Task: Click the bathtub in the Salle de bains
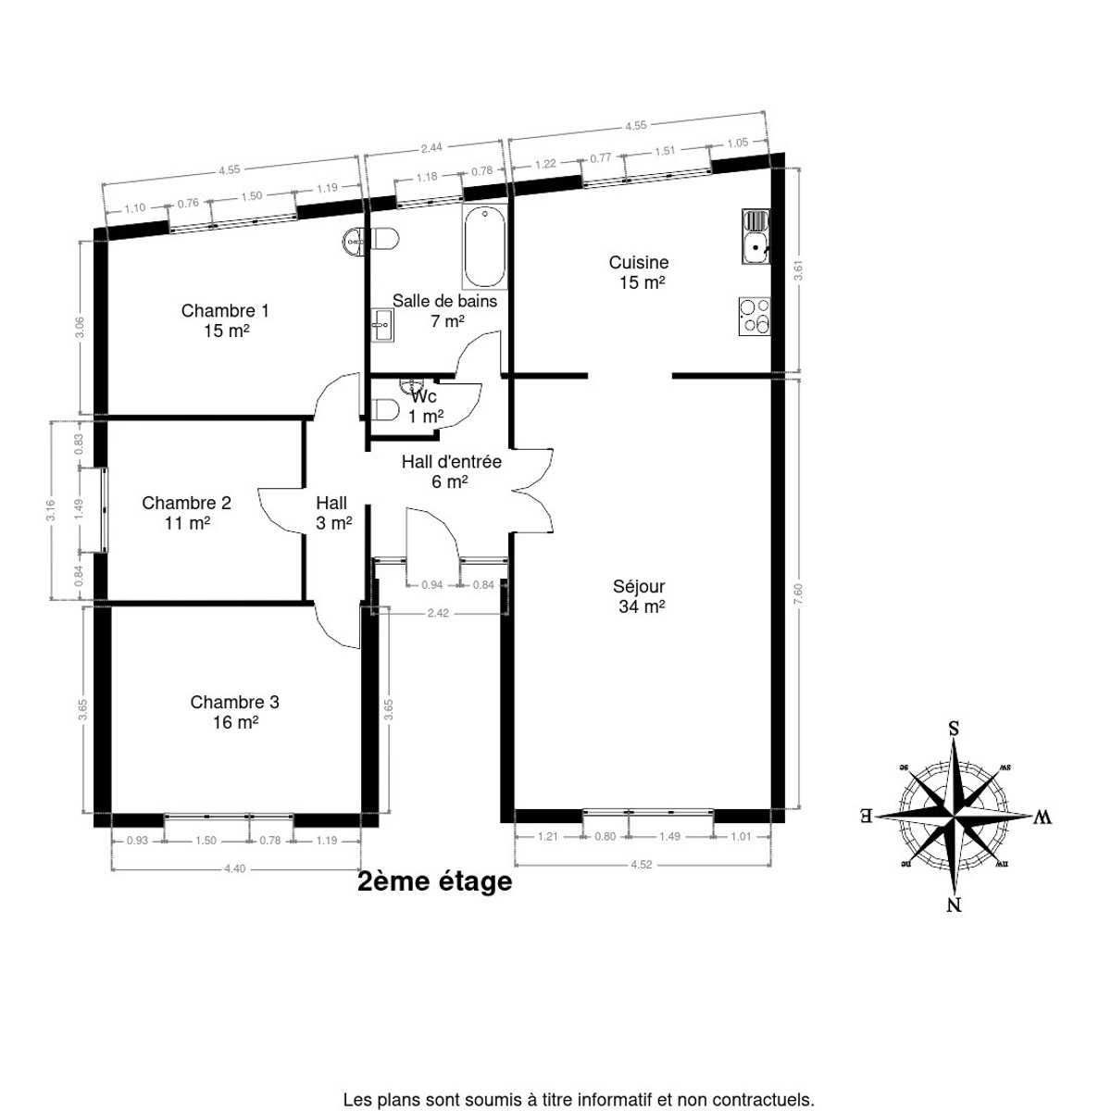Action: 485,247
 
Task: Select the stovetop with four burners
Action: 755,316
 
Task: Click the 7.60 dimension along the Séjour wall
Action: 798,593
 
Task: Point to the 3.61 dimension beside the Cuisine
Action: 798,271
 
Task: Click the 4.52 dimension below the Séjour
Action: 641,864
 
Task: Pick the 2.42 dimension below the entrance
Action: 438,613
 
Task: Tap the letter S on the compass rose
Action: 955,729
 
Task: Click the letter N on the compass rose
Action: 955,905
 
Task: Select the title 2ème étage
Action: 435,881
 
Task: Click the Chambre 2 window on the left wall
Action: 104,509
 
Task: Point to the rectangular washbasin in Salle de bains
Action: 382,326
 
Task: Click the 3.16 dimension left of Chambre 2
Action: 51,510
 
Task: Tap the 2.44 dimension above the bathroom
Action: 431,148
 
